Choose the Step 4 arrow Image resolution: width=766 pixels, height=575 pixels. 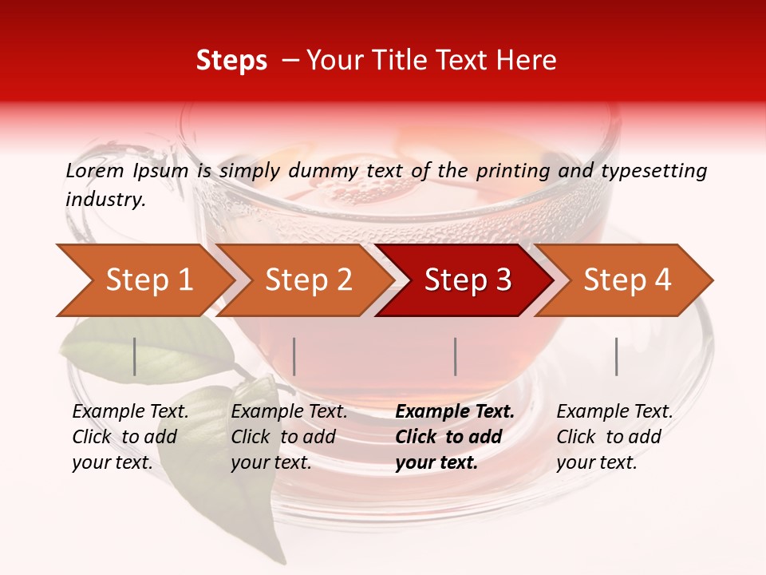[627, 280]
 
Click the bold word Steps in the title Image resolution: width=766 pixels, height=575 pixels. [231, 61]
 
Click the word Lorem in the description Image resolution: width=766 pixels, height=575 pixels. [94, 171]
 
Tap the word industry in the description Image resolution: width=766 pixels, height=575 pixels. [105, 200]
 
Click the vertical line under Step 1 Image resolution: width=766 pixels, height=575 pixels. [135, 356]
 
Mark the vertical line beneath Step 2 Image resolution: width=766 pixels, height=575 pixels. [294, 356]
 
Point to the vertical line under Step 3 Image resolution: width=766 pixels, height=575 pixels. [455, 356]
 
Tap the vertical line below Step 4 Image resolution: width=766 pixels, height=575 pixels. [616, 356]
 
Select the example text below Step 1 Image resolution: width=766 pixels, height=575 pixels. [130, 437]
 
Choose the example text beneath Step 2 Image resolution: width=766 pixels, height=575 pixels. [289, 437]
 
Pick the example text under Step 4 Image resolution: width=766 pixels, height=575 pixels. [614, 437]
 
